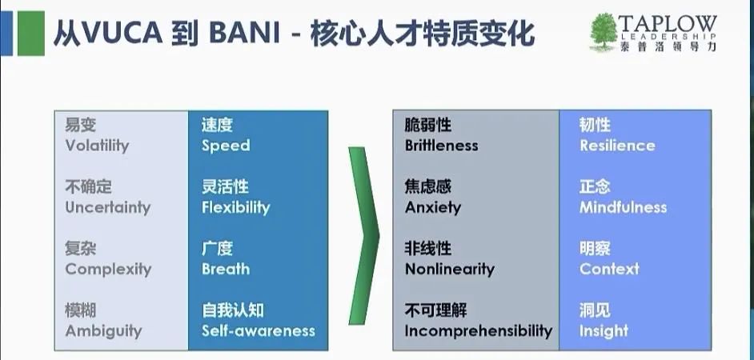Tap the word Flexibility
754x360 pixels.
tap(235, 208)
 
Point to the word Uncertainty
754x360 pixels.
tap(108, 208)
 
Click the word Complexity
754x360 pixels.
tap(108, 269)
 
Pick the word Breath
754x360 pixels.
tap(226, 269)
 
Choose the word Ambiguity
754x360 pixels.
tap(103, 331)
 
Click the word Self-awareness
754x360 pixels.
tap(259, 330)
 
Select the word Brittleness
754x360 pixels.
tap(442, 146)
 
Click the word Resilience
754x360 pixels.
tap(617, 146)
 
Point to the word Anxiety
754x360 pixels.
tap(433, 208)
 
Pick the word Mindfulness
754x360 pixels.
tap(624, 207)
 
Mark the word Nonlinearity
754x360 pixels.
tap(450, 269)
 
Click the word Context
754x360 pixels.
tap(610, 269)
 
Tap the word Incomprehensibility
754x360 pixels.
tap(479, 330)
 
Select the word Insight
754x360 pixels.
tap(604, 331)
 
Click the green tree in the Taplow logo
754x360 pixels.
tap(603, 32)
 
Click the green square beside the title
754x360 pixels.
tap(31, 34)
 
